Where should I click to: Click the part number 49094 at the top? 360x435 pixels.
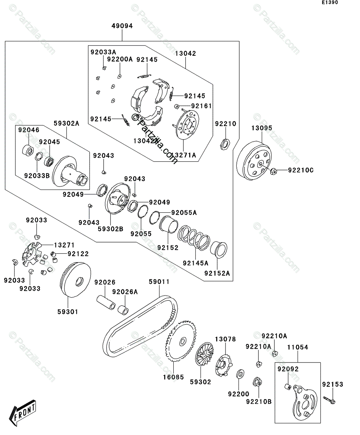pos(122,26)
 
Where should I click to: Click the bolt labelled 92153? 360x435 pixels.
pos(330,401)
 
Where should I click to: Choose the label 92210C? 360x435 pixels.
pos(301,170)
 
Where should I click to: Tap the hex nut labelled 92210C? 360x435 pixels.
pos(274,170)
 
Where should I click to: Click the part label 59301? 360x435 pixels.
pos(67,311)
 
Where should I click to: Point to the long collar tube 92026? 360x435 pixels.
pos(105,302)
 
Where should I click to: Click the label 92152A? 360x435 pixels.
pos(217,273)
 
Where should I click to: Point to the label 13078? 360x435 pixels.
pos(225,339)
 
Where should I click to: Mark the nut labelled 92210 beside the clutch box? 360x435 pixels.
pos(224,144)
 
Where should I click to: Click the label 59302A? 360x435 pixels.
pos(67,123)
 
